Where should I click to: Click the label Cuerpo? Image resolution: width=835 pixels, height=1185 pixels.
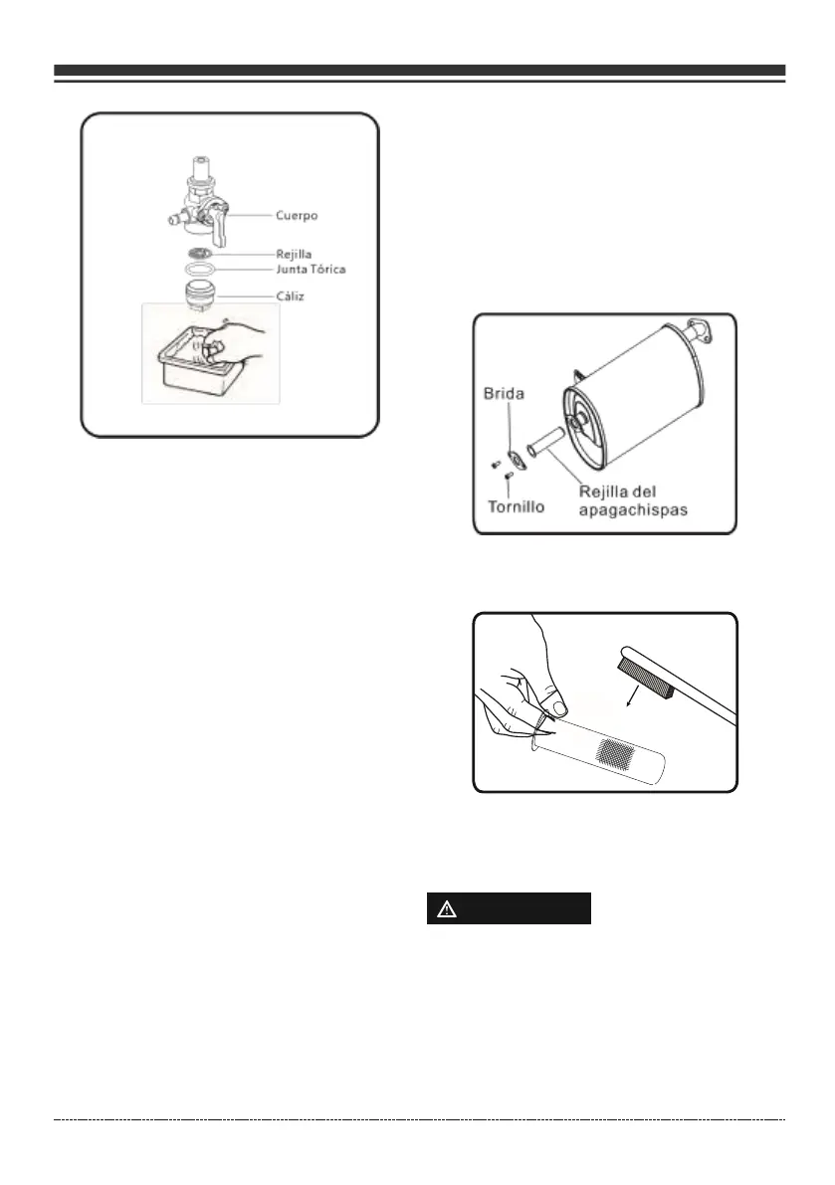[298, 214]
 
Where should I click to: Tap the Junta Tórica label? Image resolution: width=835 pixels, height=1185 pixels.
[313, 269]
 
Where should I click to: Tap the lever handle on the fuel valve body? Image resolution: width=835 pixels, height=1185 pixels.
[220, 223]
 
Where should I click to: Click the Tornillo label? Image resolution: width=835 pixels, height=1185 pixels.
[515, 505]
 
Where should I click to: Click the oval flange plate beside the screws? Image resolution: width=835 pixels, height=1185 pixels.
[516, 459]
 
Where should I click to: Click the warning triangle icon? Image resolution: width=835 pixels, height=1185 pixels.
[444, 909]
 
